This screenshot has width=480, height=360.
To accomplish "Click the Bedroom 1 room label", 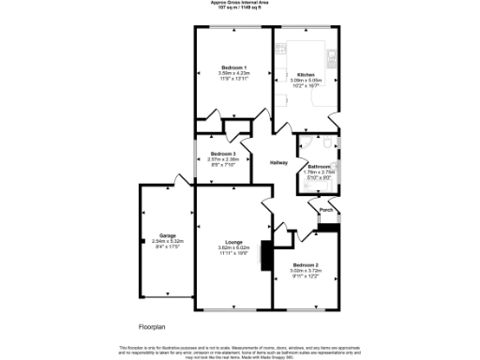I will [x=233, y=68].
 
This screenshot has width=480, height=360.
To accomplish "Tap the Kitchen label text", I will [x=306, y=74].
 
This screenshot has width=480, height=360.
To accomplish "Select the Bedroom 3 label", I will [x=222, y=154].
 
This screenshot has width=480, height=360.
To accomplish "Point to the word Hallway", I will [x=278, y=163].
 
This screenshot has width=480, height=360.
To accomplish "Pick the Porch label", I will [x=326, y=210].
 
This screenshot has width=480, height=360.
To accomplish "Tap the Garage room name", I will [x=168, y=235].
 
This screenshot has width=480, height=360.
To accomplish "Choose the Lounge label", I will [x=233, y=242].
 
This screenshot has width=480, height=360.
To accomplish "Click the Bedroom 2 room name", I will [x=306, y=265].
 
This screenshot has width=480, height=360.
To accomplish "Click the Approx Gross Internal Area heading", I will [x=239, y=3].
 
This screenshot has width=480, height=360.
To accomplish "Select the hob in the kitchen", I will [x=281, y=48].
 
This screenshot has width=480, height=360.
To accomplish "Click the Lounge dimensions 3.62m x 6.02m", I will [x=233, y=247].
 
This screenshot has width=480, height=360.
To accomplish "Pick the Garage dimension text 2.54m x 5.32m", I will [x=168, y=241].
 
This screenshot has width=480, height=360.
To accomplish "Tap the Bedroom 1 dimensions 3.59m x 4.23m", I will [x=233, y=74].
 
